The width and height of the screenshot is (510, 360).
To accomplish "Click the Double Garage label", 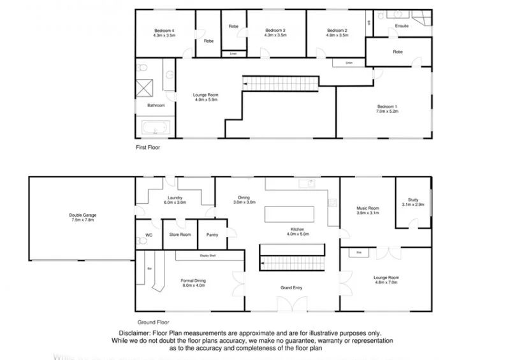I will [x=82, y=215].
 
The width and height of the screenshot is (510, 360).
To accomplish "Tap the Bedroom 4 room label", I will [x=164, y=31].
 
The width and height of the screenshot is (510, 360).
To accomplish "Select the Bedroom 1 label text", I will [x=387, y=106].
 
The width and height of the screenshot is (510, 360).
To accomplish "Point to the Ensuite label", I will [x=402, y=26].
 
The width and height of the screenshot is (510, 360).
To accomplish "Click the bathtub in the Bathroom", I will [x=156, y=129].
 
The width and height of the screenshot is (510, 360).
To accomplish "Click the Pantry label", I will [x=212, y=235].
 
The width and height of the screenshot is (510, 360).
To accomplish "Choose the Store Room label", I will [x=180, y=235].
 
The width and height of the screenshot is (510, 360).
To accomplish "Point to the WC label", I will [x=149, y=235].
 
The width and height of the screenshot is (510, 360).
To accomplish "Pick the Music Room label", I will [x=367, y=208].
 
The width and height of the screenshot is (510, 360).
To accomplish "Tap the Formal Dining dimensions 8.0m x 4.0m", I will [x=193, y=285].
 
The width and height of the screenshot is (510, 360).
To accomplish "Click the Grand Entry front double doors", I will [x=293, y=305].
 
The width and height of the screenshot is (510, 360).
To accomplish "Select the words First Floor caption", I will [x=148, y=147].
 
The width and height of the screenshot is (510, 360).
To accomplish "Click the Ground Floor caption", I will [x=154, y=322].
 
